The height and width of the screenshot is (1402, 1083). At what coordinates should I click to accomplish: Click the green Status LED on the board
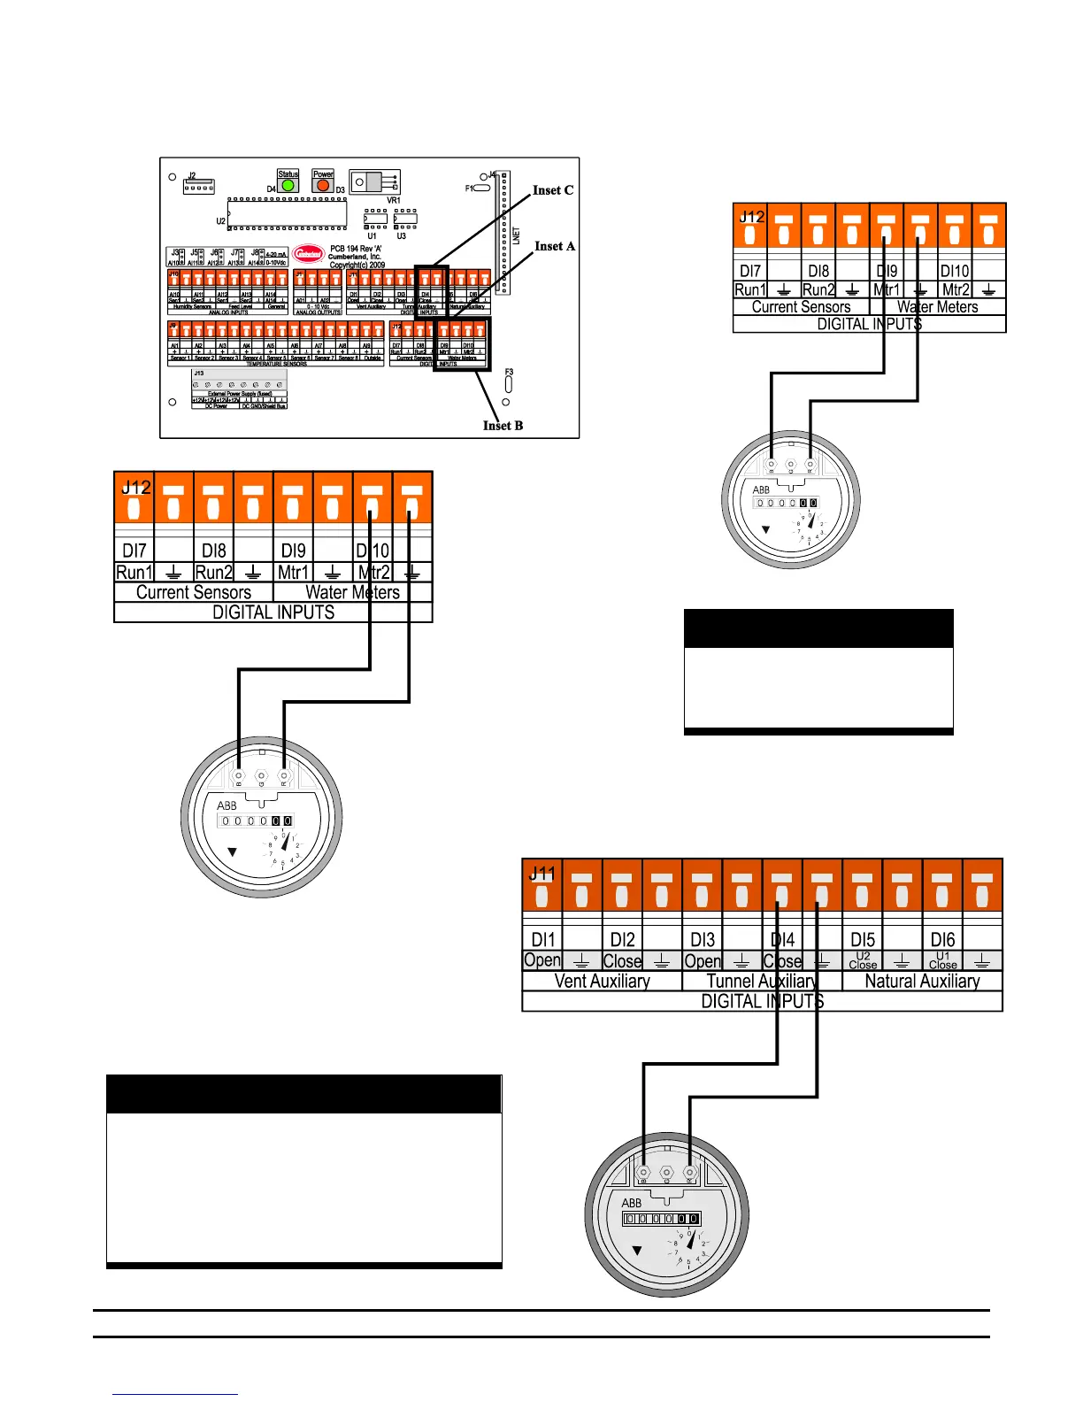(x=288, y=186)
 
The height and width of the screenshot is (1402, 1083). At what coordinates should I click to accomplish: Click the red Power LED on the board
(x=323, y=186)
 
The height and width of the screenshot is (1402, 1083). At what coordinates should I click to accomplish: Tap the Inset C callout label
(x=552, y=190)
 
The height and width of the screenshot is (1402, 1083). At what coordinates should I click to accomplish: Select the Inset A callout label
(x=555, y=246)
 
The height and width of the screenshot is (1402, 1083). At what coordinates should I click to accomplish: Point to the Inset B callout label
(x=503, y=426)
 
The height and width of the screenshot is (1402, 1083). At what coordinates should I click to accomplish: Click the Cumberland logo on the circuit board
(x=308, y=254)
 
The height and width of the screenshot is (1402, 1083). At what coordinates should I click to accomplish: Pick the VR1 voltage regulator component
(x=375, y=182)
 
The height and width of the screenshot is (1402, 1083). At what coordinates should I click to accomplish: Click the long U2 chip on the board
(x=286, y=213)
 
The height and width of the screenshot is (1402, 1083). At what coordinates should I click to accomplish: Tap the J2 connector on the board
(x=198, y=186)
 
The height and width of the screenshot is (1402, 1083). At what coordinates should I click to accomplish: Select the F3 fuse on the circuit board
(x=509, y=385)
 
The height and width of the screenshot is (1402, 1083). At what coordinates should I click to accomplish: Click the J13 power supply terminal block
(x=240, y=385)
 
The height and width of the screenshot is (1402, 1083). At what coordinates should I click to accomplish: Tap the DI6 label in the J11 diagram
(x=942, y=939)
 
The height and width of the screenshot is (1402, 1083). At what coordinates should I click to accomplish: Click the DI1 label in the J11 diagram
(x=543, y=939)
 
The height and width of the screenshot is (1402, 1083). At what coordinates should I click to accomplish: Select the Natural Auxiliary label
(x=922, y=981)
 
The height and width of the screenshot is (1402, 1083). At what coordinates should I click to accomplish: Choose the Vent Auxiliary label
(x=602, y=981)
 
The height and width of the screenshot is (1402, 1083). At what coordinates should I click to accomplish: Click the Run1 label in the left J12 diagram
(x=134, y=572)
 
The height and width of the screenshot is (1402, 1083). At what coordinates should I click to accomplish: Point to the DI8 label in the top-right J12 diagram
(x=818, y=271)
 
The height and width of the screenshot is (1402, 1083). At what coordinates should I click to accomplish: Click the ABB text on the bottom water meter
(x=631, y=1203)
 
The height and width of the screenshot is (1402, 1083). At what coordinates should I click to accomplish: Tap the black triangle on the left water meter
(x=232, y=852)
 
